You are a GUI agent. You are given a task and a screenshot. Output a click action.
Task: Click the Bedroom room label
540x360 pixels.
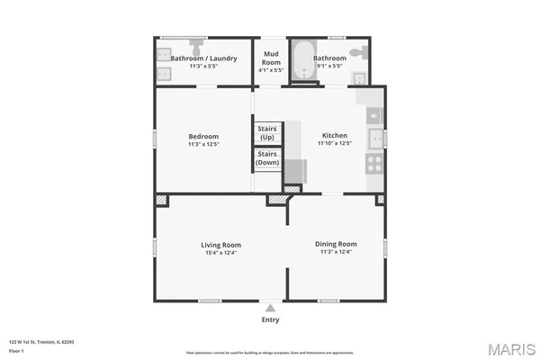pyautogui.click(x=203, y=136)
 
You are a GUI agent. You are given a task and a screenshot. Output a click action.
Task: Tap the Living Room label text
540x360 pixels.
pyautogui.click(x=220, y=245)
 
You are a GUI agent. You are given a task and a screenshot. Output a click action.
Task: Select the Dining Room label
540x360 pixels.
pyautogui.click(x=336, y=244)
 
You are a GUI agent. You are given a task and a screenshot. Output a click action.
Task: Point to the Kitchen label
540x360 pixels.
pyautogui.click(x=335, y=136)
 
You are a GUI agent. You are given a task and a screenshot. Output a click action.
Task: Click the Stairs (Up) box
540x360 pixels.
pyautogui.click(x=268, y=133)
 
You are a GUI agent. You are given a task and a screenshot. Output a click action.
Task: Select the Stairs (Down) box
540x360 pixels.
pyautogui.click(x=268, y=158)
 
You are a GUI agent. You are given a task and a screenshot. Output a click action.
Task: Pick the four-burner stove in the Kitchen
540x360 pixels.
pyautogui.click(x=373, y=164)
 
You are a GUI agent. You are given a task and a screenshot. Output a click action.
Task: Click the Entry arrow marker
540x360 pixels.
pyautogui.click(x=270, y=308)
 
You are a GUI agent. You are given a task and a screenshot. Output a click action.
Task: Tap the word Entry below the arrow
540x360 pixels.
pyautogui.click(x=270, y=319)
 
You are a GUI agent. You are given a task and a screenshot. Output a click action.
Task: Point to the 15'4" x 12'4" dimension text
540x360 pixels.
pyautogui.click(x=220, y=253)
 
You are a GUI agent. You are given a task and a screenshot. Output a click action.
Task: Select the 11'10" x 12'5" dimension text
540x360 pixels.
pyautogui.click(x=335, y=144)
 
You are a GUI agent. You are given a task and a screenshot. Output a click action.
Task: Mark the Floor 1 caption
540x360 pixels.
pyautogui.click(x=17, y=350)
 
